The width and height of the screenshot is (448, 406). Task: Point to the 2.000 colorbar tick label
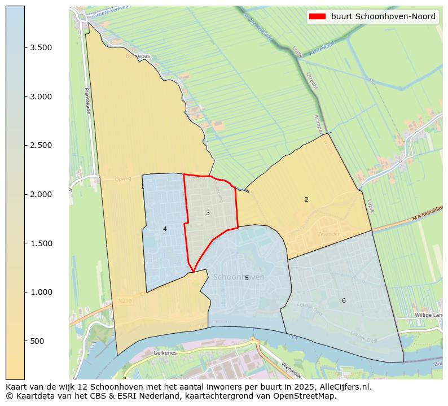coord(41,194)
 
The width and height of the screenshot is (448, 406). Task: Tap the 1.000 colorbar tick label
coord(41,292)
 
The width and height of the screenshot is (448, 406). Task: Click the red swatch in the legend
coord(318,16)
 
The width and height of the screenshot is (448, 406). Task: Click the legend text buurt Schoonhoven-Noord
coord(383,16)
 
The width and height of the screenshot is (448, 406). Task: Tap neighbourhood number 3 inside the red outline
coord(208,213)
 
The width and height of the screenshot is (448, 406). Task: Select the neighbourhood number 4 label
coord(165,229)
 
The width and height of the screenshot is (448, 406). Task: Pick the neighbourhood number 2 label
coord(306,199)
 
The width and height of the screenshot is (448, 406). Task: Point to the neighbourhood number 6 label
coord(344,300)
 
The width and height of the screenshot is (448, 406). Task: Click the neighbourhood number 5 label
coord(247,278)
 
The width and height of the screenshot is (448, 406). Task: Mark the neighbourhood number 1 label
coord(142,186)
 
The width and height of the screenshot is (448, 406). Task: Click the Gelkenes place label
coord(165,352)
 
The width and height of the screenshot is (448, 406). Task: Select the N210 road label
coord(125,301)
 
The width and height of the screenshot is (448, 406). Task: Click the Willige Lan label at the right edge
coord(430,315)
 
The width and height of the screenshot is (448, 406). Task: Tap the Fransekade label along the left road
coord(87,101)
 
